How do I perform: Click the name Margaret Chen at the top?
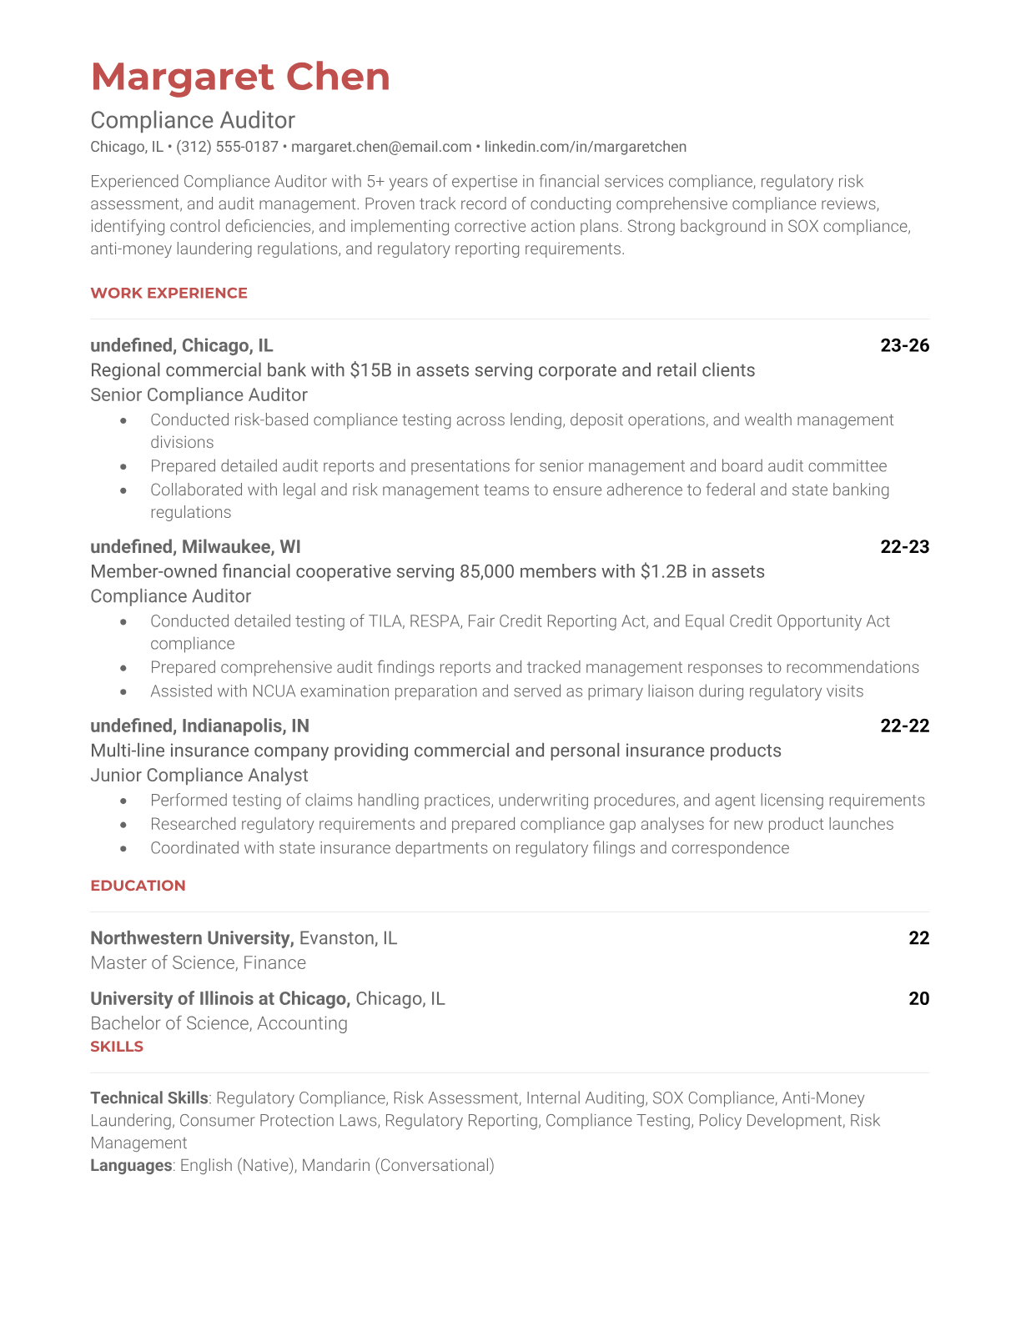240,77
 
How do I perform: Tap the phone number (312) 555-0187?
227,147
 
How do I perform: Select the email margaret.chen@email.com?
381,147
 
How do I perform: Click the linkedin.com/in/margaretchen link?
585,147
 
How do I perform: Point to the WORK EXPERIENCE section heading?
168,293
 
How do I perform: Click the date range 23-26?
904,345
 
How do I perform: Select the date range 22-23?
904,546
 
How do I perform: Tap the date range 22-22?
904,726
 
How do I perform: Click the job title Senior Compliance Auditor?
199,394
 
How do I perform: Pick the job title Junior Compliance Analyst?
199,775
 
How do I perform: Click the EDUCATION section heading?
138,886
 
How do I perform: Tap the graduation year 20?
918,998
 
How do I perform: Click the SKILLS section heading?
117,1047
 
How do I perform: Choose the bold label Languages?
131,1165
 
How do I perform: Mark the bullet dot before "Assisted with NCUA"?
124,691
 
